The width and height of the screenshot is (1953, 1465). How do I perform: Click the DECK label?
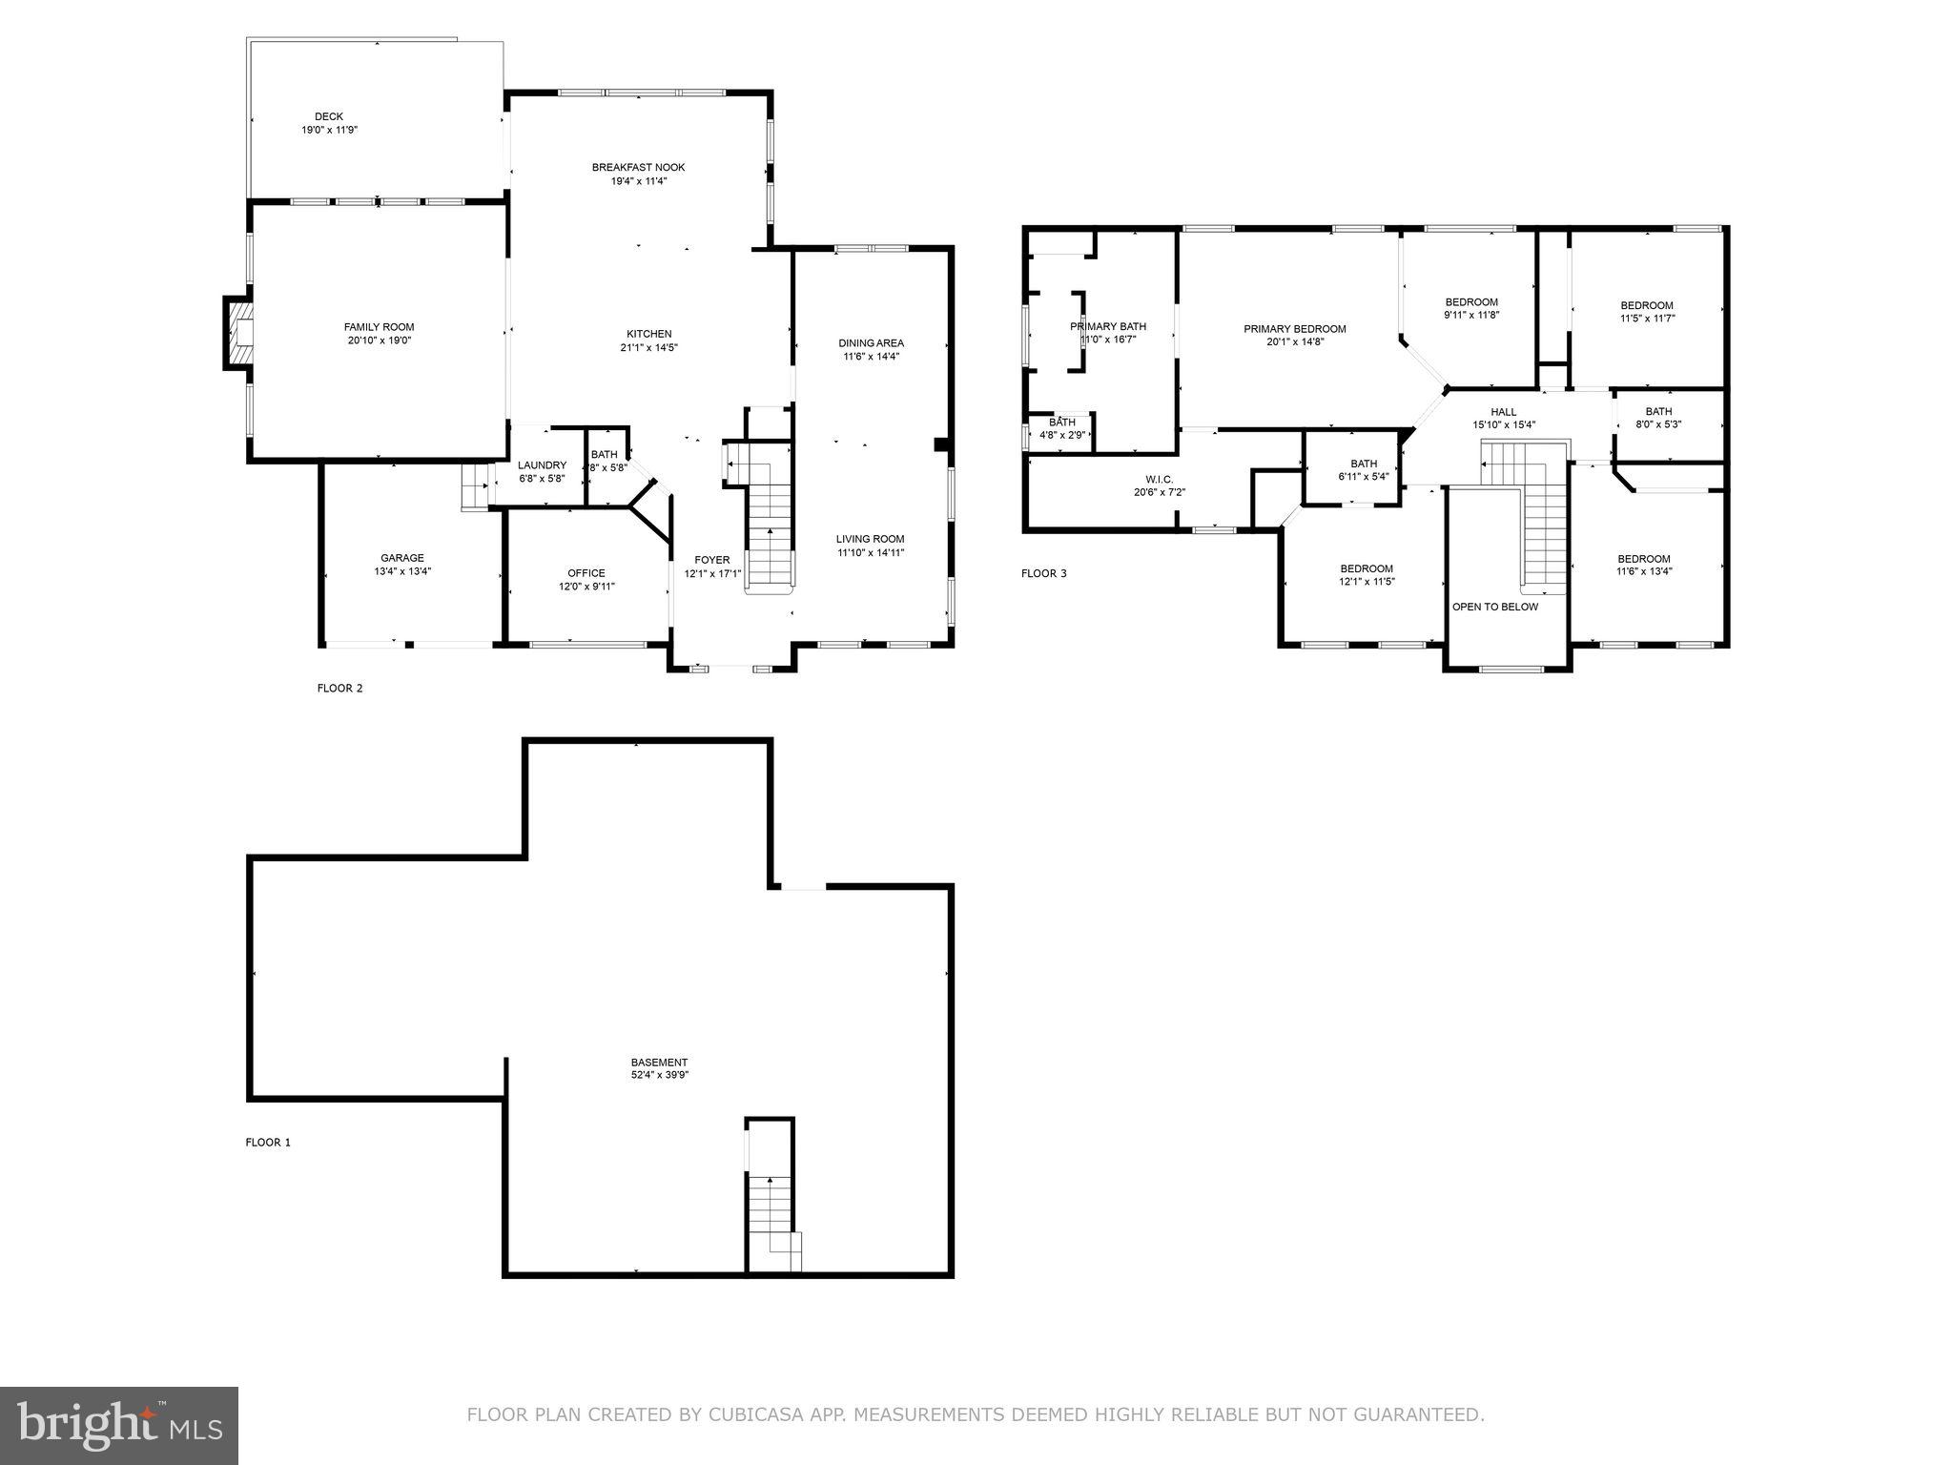[x=329, y=116]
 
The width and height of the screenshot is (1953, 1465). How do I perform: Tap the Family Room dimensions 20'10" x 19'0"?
[x=380, y=340]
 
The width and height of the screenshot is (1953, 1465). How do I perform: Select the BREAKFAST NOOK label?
[x=638, y=167]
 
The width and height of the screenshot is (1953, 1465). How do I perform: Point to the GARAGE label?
[x=402, y=558]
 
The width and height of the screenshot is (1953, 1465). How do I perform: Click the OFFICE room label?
[x=586, y=573]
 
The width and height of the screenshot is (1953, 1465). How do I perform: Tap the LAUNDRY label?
[x=542, y=465]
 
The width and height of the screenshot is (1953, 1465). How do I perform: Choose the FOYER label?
[x=712, y=560]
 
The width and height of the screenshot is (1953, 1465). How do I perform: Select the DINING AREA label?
[x=871, y=343]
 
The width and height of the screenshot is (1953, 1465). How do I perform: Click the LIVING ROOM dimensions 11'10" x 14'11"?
[x=871, y=552]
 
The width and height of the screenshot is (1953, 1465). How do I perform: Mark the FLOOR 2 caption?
[x=339, y=688]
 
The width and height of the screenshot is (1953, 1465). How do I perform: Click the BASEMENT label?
[x=659, y=1062]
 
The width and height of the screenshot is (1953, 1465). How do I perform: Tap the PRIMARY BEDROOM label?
[x=1294, y=329]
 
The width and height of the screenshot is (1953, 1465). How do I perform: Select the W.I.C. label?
[x=1152, y=479]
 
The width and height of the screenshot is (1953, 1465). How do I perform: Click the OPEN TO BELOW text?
[x=1494, y=607]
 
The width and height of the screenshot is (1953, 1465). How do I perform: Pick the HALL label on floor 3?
[x=1504, y=412]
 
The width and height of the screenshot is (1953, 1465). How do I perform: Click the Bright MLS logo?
[x=119, y=1425]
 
